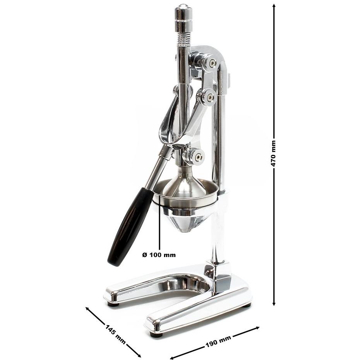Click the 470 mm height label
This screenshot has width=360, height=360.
coord(274,154)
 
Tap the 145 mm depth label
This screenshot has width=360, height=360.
coord(115,334)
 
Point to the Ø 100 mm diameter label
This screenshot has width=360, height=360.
coord(159,255)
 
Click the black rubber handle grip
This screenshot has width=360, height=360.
coord(130,226)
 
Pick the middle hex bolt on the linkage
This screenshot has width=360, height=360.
coord(209,98)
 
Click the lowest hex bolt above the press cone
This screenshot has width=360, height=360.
coord(198,157)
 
